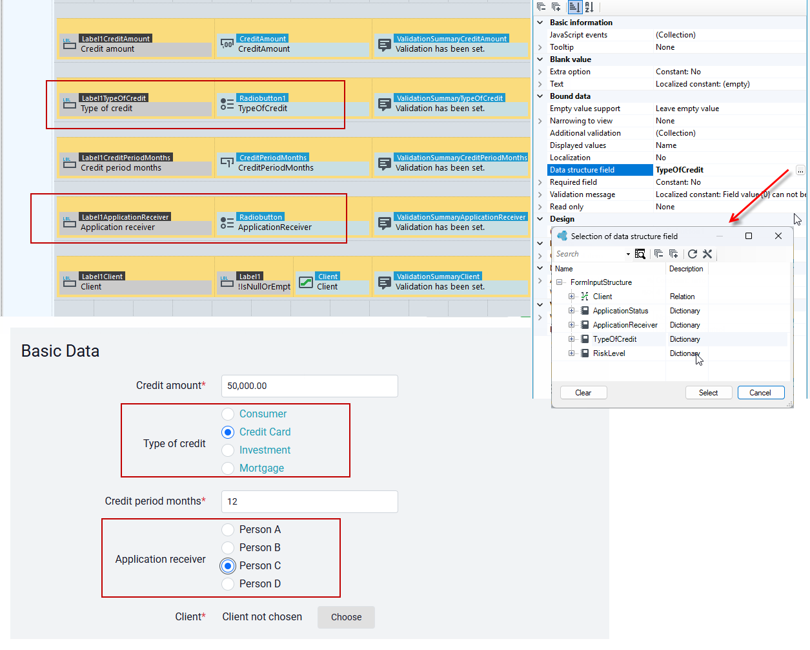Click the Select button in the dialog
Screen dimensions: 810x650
(708, 393)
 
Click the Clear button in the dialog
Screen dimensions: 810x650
(583, 393)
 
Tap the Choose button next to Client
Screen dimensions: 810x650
(346, 617)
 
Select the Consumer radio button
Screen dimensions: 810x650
(228, 414)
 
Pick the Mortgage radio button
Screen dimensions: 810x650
(228, 468)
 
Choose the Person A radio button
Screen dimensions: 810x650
(228, 529)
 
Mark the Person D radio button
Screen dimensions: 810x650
(228, 583)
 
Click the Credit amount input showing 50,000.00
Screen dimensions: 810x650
(309, 386)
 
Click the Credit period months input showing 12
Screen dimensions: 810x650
(309, 501)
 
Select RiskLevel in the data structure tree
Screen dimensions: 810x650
(609, 353)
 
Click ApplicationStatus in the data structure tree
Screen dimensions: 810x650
(620, 311)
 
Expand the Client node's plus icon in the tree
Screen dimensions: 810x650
(571, 297)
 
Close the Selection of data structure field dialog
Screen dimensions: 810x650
(778, 236)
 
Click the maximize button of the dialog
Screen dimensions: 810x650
(749, 236)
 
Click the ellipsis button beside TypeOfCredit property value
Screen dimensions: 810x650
(800, 171)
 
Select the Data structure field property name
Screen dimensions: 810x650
(582, 170)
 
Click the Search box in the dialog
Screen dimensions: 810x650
(589, 254)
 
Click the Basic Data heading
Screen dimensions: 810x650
(60, 351)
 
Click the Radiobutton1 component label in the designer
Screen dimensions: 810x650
(262, 98)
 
